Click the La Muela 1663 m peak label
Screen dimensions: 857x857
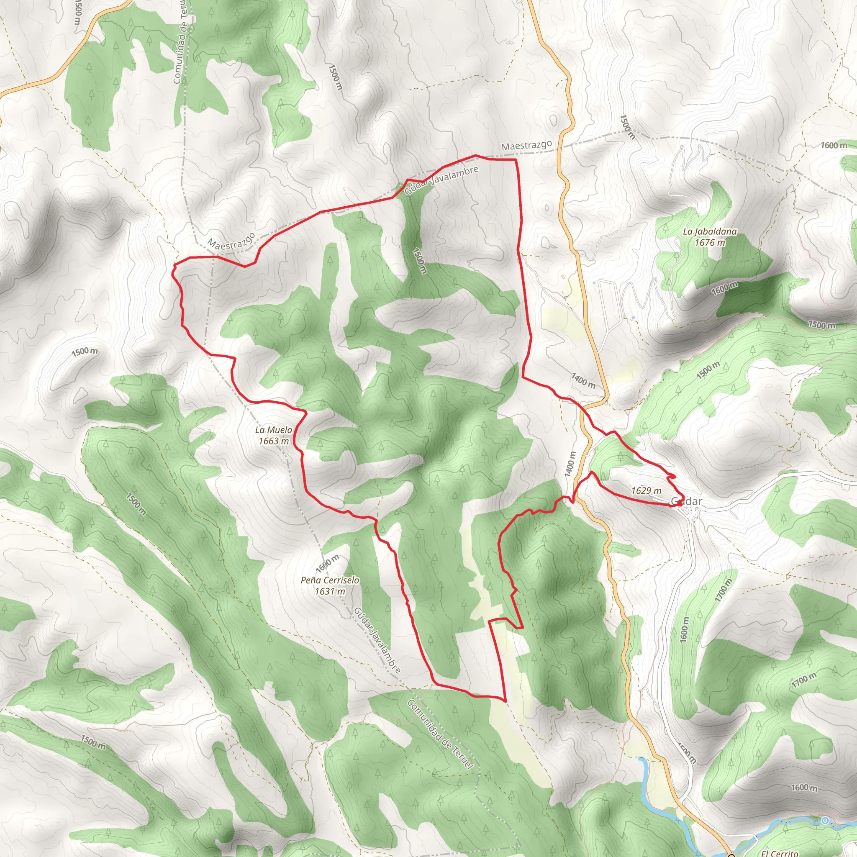274,435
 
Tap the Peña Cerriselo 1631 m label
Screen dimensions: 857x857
330,585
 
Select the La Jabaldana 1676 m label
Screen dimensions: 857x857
709,237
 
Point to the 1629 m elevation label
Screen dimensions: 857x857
646,490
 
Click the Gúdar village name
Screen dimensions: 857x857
686,502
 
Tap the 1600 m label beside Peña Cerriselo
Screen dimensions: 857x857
327,563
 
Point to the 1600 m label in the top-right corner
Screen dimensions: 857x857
834,146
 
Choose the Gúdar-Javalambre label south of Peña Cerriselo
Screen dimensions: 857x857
377,641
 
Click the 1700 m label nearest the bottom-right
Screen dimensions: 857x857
803,680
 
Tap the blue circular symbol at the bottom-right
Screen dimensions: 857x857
825,821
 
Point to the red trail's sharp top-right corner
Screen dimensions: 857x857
516,159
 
